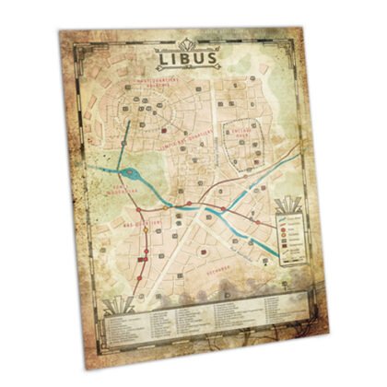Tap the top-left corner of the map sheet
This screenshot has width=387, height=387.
(59, 29)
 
